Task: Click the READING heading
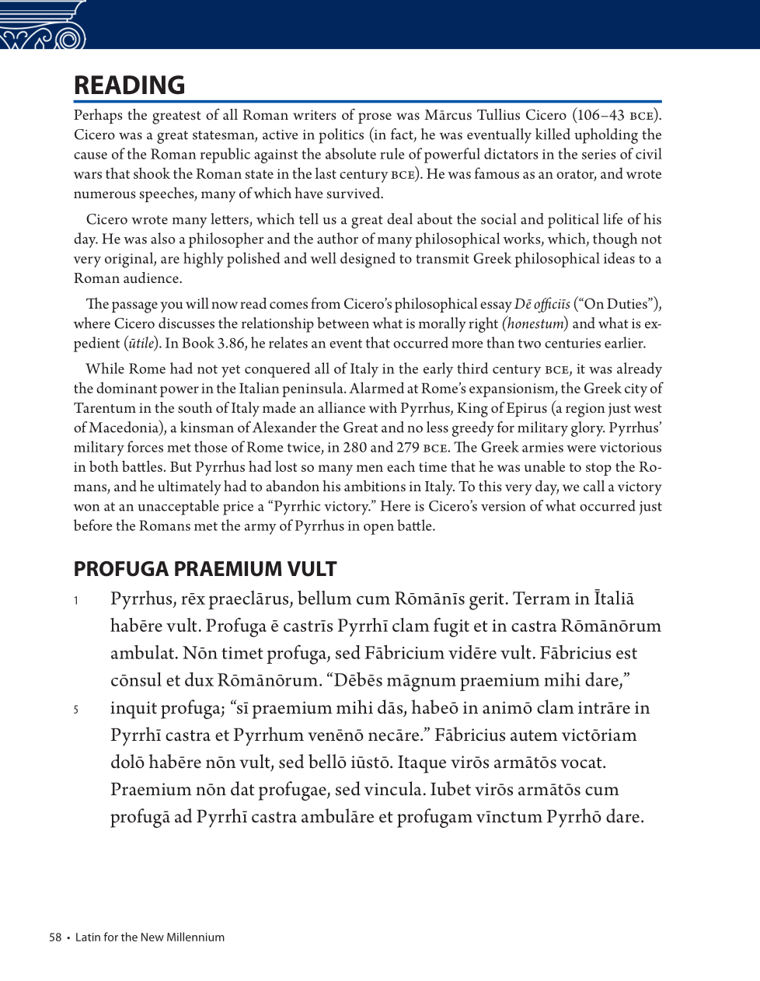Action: [129, 86]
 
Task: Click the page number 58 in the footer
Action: [55, 937]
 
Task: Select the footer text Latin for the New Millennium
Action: [150, 937]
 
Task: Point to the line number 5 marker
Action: [76, 710]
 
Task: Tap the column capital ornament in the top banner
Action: [43, 25]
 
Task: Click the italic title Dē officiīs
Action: [542, 304]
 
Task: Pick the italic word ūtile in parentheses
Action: [141, 344]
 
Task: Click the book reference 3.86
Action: [229, 344]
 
